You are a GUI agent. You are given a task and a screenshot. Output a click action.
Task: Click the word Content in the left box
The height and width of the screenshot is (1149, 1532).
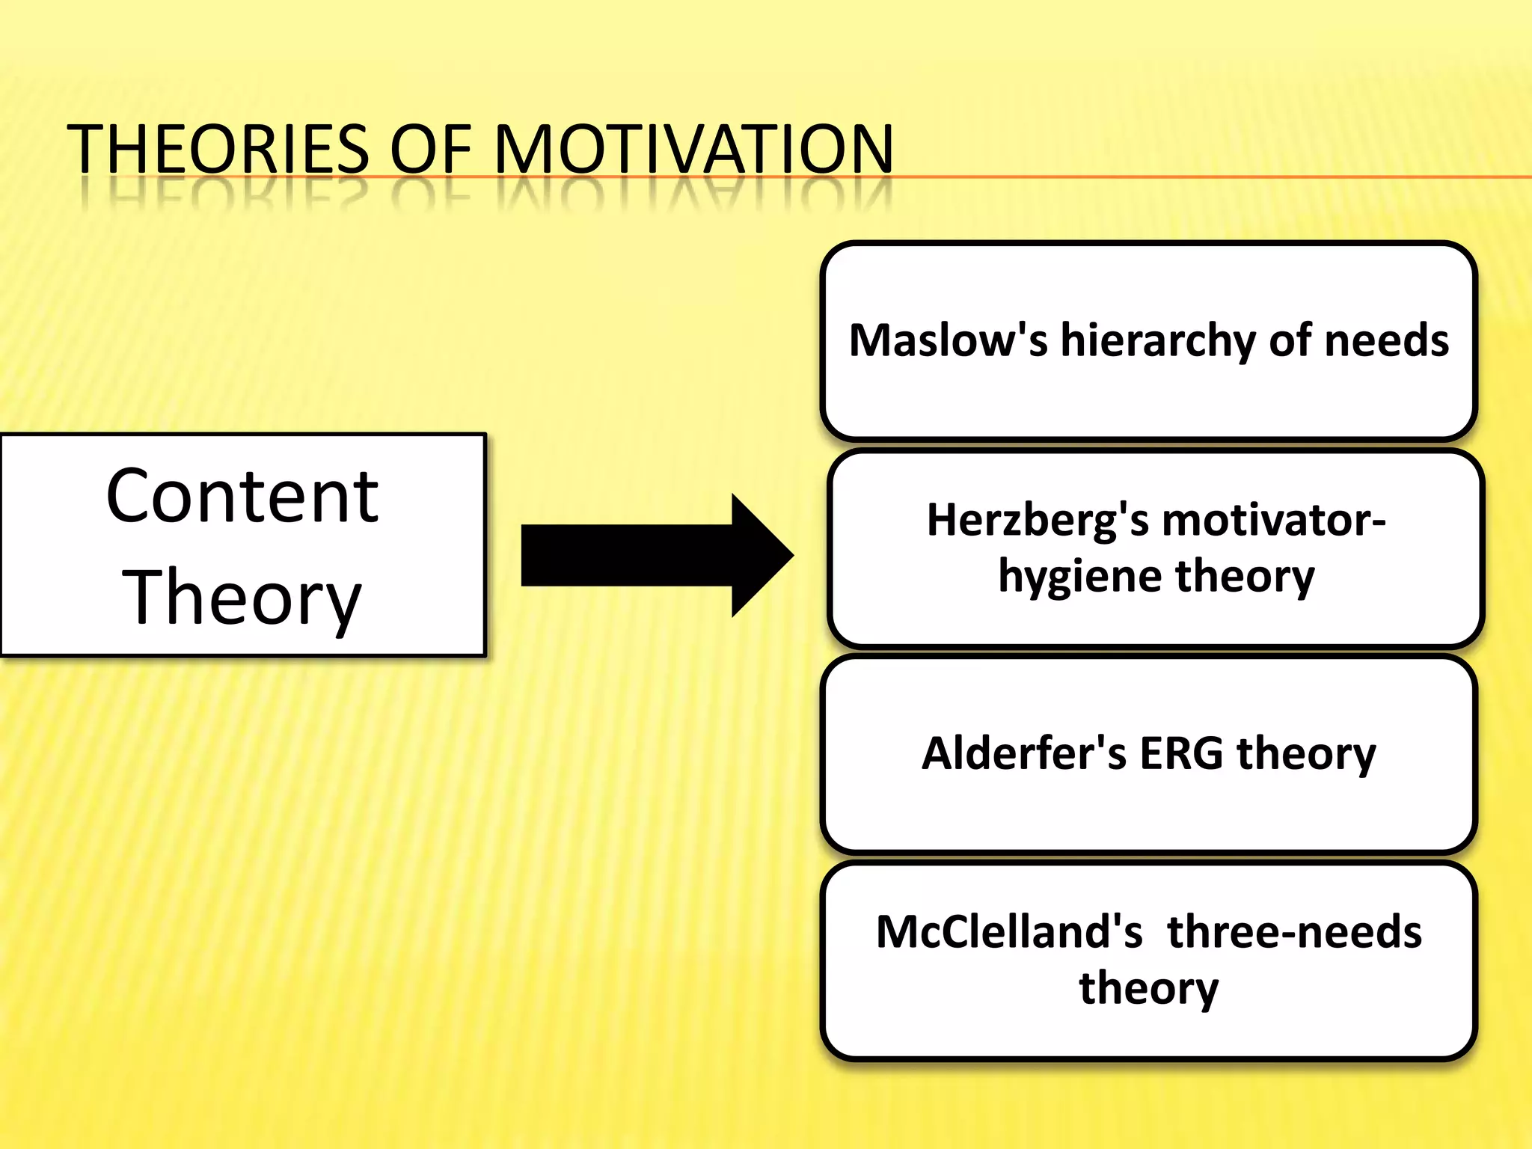[x=242, y=496]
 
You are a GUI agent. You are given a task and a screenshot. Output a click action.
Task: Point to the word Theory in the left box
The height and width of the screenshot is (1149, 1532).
[x=242, y=598]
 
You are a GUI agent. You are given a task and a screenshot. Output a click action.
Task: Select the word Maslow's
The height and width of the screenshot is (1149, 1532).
[x=948, y=340]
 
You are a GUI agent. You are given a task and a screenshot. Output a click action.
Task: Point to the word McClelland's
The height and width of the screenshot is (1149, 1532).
[x=1009, y=932]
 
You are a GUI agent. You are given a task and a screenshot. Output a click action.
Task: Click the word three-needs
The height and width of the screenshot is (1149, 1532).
[x=1294, y=932]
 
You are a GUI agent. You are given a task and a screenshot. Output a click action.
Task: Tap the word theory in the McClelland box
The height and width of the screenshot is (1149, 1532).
[x=1148, y=989]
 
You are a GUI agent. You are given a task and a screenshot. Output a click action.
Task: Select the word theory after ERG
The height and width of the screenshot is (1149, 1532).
[x=1306, y=754]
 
